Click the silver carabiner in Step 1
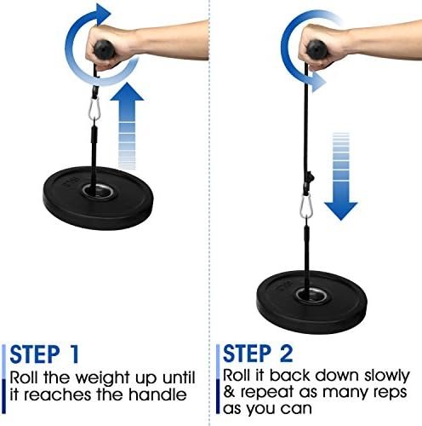tap(94, 109)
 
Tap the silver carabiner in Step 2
tap(306, 206)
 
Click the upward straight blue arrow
tap(127, 126)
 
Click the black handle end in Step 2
tap(316, 49)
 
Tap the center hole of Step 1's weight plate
tap(98, 189)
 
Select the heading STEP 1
tap(44, 354)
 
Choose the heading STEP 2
tap(258, 354)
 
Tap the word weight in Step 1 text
tap(103, 378)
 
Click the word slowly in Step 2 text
tap(387, 376)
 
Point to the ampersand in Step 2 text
tap(229, 392)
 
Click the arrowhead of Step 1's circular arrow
tap(103, 14)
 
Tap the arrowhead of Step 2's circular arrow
tap(318, 82)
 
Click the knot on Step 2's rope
tap(310, 178)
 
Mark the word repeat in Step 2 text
tap(267, 393)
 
